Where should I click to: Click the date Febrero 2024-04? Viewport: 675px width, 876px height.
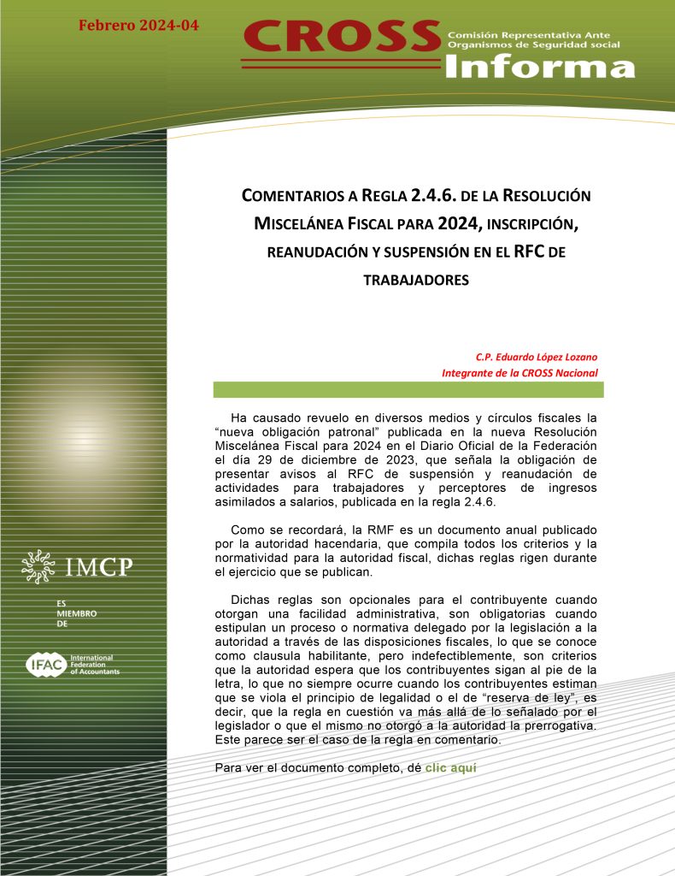pos(138,25)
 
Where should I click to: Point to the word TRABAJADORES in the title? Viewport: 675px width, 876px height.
pos(416,280)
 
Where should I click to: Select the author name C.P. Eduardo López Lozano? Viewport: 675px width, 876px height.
pos(537,357)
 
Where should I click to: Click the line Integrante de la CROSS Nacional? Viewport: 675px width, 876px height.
pos(519,372)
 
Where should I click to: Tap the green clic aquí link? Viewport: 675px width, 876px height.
pos(450,767)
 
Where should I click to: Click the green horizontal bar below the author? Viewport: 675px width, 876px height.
pos(408,390)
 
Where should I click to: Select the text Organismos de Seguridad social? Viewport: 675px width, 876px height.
pos(534,45)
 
